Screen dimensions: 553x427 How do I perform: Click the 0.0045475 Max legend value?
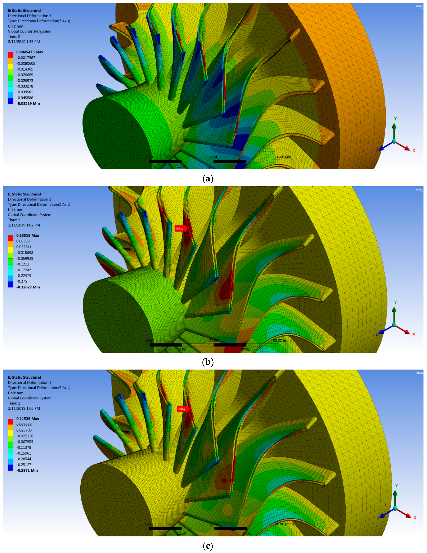(x=30, y=52)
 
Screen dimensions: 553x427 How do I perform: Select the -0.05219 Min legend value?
(x=28, y=104)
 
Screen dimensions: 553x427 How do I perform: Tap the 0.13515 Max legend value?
(x=28, y=235)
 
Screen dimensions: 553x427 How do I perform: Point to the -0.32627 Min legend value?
(x=28, y=287)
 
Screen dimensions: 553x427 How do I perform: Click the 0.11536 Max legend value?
(x=28, y=419)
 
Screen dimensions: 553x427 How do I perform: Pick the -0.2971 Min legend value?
(x=27, y=470)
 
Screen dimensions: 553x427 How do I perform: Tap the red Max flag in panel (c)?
(x=182, y=409)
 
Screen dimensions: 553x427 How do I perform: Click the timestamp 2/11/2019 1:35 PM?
(x=24, y=41)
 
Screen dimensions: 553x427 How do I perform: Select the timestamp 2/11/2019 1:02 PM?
(x=24, y=225)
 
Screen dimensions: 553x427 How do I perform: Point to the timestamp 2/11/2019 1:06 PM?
(x=24, y=408)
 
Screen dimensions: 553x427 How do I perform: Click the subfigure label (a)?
(x=208, y=179)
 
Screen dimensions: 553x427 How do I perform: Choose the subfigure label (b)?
(x=208, y=362)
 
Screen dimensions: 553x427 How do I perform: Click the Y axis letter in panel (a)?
(x=395, y=119)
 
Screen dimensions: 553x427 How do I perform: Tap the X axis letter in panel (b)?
(x=414, y=334)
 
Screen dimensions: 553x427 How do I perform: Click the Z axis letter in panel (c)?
(x=378, y=518)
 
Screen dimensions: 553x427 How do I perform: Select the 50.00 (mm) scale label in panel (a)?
(x=283, y=157)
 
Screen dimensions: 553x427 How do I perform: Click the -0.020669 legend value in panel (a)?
(x=25, y=75)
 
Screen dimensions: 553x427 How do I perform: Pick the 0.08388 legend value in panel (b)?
(x=23, y=241)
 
